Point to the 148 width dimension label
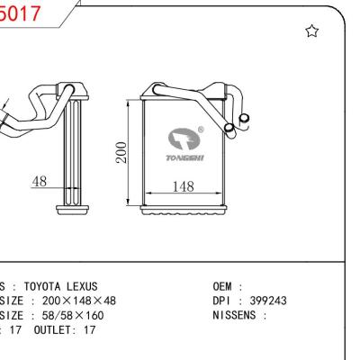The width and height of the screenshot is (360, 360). click(x=184, y=186)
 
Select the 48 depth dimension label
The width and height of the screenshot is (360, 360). click(x=39, y=181)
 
